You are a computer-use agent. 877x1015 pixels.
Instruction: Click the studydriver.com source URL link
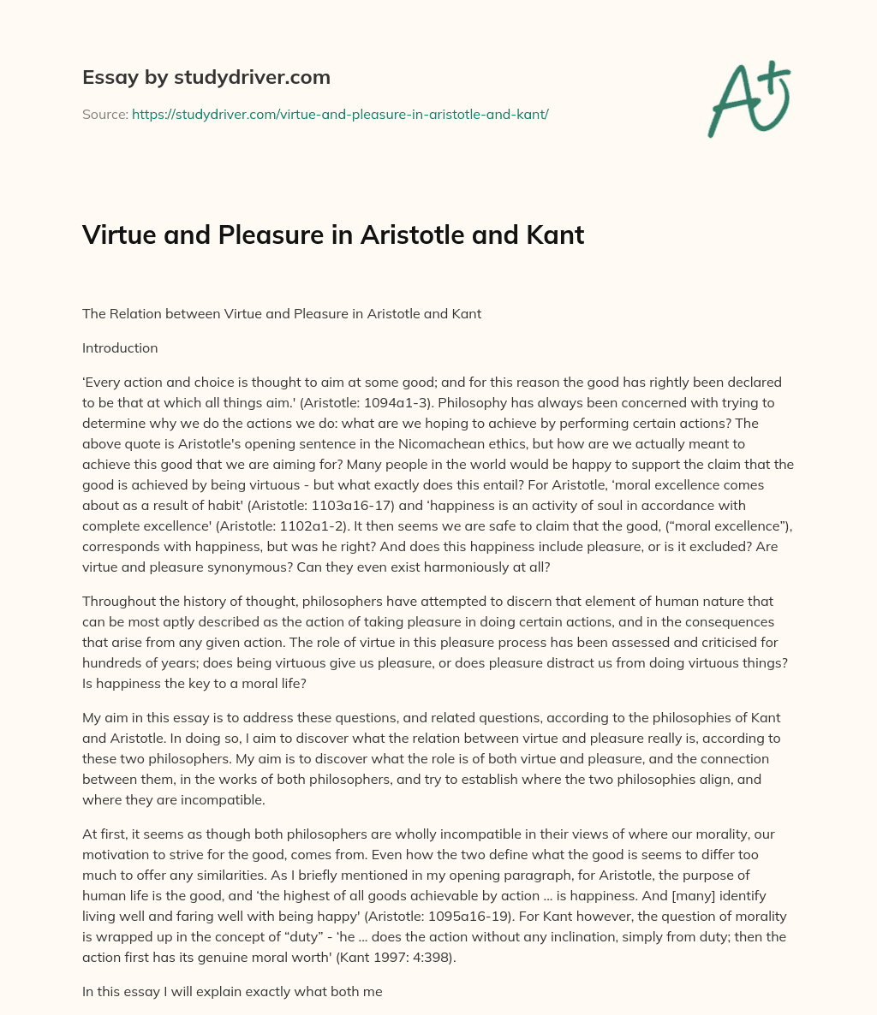click(340, 113)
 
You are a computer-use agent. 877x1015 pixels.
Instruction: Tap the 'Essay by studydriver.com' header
click(206, 77)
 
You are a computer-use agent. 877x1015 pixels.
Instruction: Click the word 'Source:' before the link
click(105, 113)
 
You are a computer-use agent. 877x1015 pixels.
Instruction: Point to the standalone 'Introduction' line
click(120, 348)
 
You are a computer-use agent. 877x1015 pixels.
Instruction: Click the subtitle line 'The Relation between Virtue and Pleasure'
click(281, 314)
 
